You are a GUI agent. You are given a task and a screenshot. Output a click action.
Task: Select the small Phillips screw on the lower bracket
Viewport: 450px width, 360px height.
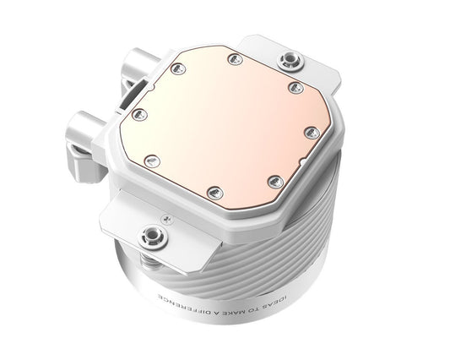pos(174,218)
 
